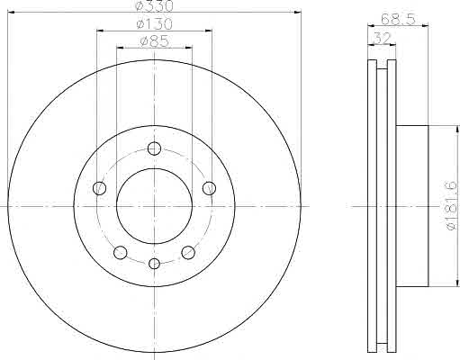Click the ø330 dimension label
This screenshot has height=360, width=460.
click(x=154, y=5)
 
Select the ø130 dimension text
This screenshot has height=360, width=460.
click(x=154, y=24)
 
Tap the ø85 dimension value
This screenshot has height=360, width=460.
click(x=154, y=41)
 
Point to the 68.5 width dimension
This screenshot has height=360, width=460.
click(x=398, y=19)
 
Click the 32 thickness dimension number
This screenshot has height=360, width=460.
click(x=382, y=38)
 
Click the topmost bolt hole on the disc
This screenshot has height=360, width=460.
click(x=154, y=148)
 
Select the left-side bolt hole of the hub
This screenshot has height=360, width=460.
click(x=99, y=188)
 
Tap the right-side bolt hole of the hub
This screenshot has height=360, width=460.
click(x=209, y=188)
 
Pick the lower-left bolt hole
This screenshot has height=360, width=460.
click(x=121, y=252)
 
